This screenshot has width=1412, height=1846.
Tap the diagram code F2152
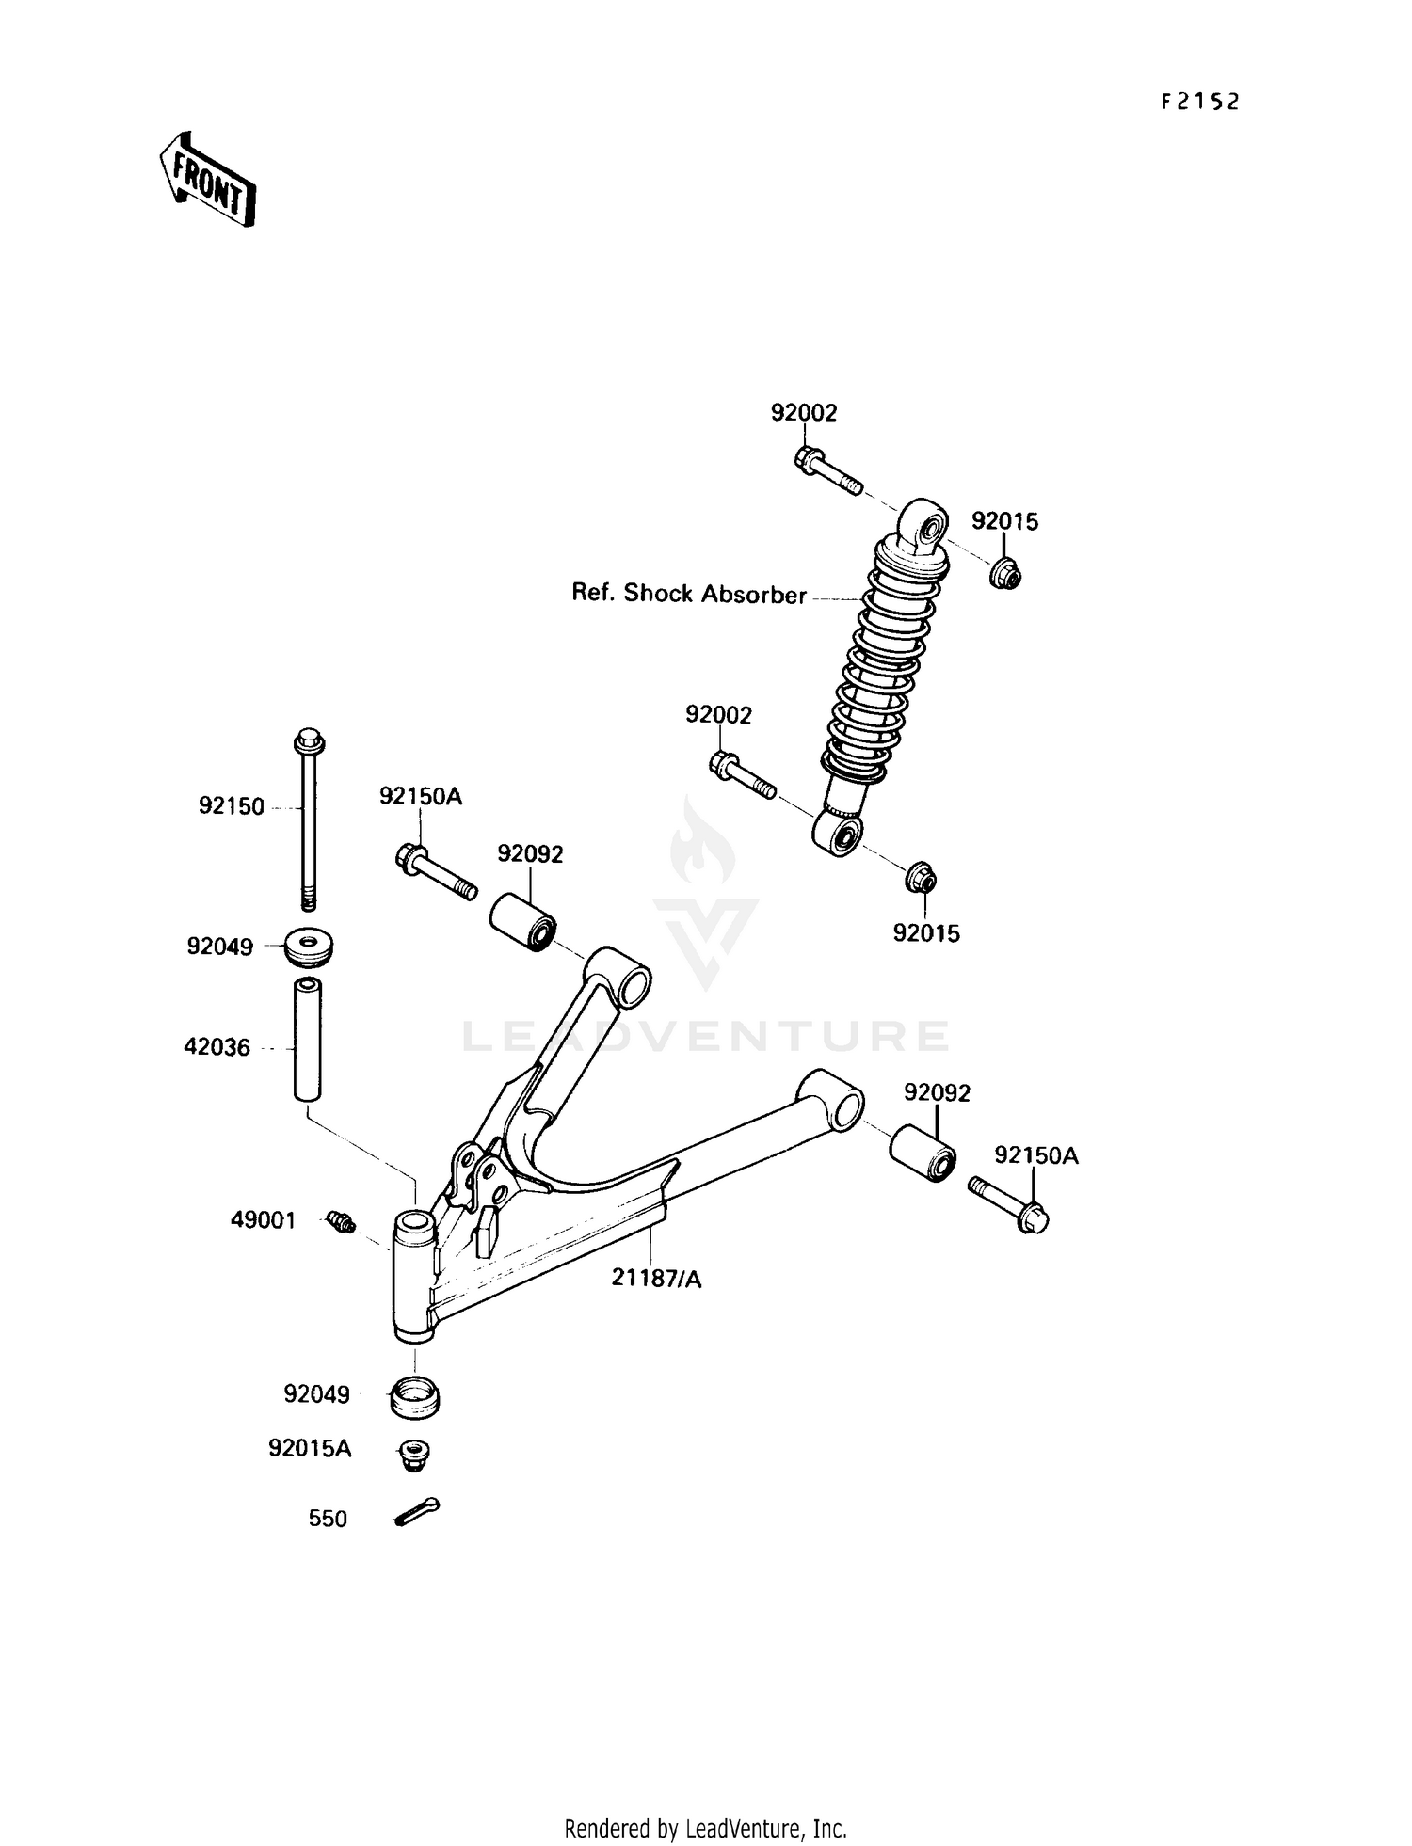[x=1199, y=102]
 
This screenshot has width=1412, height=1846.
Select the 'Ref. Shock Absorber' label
[x=689, y=595]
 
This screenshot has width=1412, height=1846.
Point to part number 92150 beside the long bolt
[x=231, y=806]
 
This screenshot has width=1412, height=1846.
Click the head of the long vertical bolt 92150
[x=310, y=742]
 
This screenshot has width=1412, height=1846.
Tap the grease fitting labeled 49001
[x=342, y=1222]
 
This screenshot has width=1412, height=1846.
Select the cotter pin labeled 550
[x=416, y=1512]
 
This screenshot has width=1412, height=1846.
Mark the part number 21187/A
[x=656, y=1279]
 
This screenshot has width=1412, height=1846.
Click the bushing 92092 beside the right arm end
[x=923, y=1152]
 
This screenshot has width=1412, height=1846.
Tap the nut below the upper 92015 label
[x=1005, y=572]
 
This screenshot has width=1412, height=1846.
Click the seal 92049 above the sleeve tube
[x=310, y=947]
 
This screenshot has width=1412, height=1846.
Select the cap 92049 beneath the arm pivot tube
[x=414, y=1396]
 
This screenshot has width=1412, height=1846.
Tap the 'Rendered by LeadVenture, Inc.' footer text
[x=705, y=1827]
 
